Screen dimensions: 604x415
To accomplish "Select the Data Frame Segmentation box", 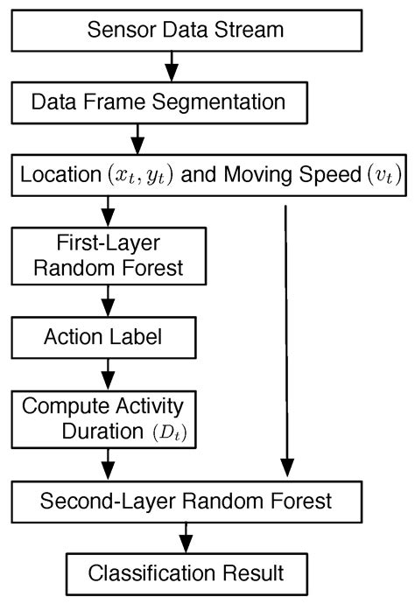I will tap(159, 102).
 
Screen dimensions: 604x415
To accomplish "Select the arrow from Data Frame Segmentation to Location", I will tap(137, 137).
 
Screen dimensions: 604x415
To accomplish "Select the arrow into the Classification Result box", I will tap(185, 537).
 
